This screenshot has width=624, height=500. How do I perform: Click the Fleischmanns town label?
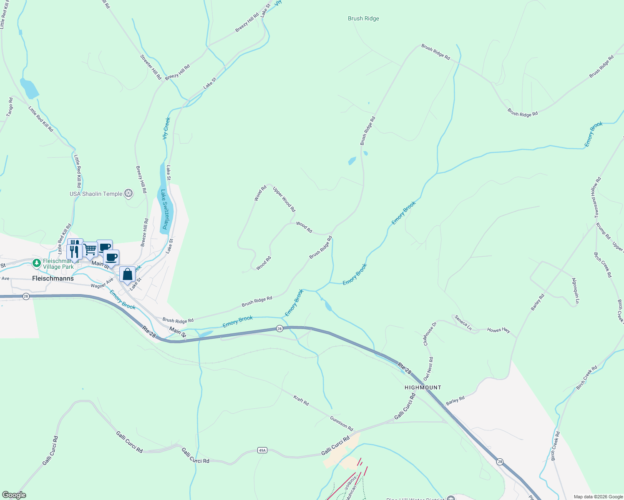pos(53,278)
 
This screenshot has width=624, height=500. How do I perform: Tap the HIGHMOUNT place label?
pos(423,387)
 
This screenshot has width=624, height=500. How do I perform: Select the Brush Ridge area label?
pos(363,18)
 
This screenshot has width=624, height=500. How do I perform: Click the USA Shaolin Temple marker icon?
pos(129,193)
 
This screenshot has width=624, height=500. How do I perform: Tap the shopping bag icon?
pos(127,274)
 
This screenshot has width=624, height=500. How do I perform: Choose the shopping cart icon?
pos(90,250)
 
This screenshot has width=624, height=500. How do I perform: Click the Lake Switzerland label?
pos(165,209)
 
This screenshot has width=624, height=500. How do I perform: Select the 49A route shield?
pos(262,450)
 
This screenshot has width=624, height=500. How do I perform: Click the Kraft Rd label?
pos(301,401)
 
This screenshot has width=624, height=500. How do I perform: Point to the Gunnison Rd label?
pos(342,423)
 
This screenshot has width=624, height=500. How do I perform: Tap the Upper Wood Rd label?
pos(284,199)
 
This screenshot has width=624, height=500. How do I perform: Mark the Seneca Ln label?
pos(463,322)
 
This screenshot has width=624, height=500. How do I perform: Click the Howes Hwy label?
pos(498,330)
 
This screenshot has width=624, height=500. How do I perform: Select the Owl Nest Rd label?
pos(428,369)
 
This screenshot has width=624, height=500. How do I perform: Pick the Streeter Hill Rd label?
pos(151,67)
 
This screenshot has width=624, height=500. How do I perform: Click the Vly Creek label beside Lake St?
pos(166,128)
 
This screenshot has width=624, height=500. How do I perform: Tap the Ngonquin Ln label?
pos(575,290)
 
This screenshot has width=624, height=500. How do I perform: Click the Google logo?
pos(14,495)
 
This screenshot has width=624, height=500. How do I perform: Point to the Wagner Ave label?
pos(102,283)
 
